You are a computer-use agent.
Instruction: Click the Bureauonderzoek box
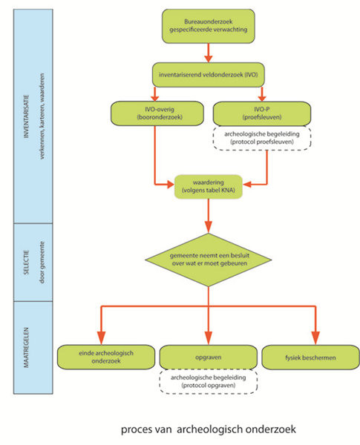209,26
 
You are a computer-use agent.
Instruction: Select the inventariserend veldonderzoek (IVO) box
209,75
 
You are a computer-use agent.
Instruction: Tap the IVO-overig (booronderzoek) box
157,113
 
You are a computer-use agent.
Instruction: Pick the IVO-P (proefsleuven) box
262,113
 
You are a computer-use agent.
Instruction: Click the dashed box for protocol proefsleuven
262,138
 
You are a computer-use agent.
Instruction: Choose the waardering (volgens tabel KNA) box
209,186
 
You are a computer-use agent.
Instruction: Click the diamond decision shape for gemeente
209,260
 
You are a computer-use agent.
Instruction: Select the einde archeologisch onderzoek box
106,357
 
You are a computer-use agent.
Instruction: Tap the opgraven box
209,357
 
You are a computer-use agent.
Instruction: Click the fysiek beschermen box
310,357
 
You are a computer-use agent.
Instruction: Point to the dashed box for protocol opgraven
209,381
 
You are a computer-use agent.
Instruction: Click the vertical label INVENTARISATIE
27,116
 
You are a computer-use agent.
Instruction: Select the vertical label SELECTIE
27,263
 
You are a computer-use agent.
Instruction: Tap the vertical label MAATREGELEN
27,348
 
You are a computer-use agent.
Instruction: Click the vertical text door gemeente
42,263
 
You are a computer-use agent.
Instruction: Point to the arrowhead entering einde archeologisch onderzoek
101,337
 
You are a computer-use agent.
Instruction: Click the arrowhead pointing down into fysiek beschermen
315,337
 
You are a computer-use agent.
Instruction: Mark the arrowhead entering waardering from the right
247,185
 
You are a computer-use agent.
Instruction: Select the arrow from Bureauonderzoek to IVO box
209,53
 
